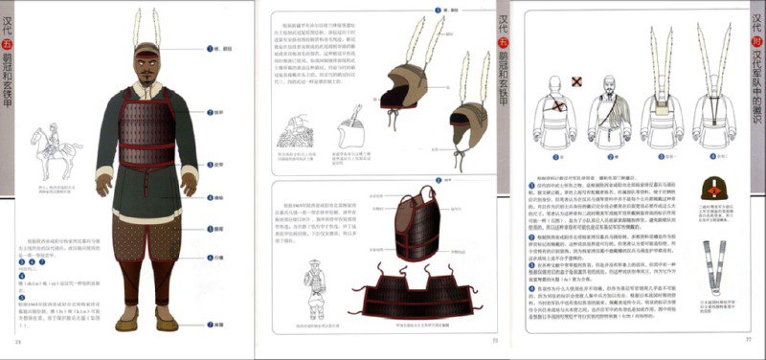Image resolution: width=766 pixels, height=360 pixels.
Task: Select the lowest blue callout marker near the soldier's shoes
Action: [x=209, y=326]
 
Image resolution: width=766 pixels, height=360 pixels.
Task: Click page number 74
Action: [x=16, y=343]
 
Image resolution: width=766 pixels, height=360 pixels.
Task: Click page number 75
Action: [x=495, y=342]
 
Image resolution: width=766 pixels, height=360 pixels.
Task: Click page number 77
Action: [x=750, y=342]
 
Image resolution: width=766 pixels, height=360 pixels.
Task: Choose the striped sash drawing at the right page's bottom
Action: [x=712, y=267]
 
